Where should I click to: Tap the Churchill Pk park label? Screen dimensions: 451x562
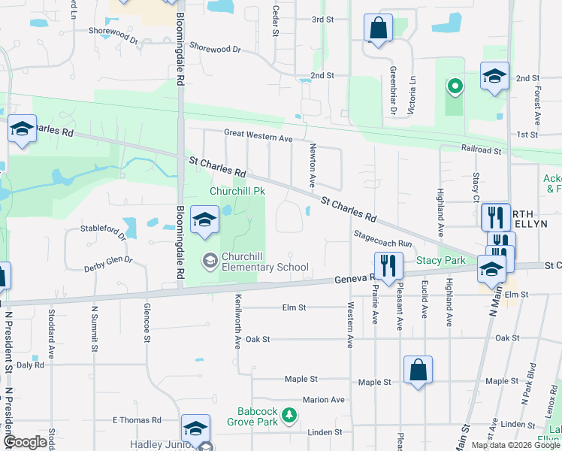237,192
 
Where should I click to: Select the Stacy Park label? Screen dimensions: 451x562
440,261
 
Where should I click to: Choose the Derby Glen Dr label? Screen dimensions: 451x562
108,261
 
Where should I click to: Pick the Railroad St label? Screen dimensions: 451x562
480,150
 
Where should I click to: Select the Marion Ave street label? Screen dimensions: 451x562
323,400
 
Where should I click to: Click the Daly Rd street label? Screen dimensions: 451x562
31,365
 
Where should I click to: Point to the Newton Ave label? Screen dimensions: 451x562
312,167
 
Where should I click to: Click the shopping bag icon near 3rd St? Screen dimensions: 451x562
379,29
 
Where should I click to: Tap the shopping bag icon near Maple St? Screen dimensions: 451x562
418,371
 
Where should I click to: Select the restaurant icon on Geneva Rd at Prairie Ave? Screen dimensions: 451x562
388,266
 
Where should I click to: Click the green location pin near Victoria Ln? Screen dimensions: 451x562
454,86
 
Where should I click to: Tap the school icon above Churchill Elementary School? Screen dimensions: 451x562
204,220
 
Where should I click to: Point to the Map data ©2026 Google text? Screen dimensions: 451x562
515,445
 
